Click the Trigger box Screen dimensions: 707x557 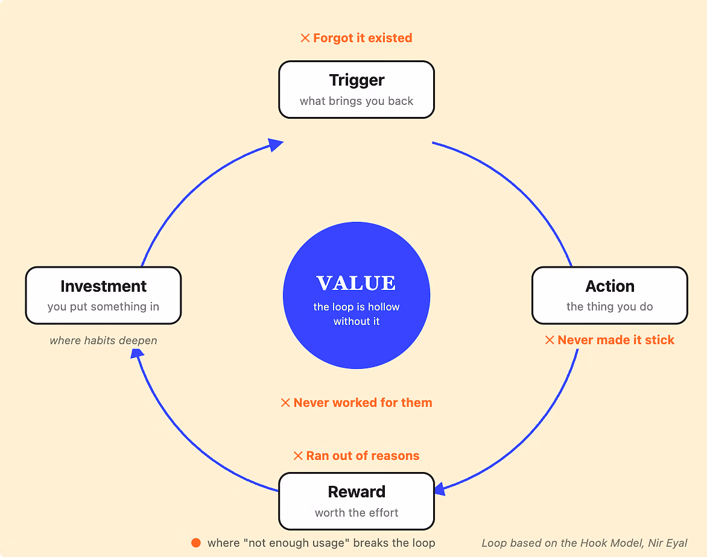[356, 90]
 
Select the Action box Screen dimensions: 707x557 [610, 295]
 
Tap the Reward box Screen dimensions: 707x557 [356, 501]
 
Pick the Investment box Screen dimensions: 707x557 [103, 295]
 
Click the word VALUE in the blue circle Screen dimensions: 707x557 [356, 283]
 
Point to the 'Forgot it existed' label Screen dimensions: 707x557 [356, 38]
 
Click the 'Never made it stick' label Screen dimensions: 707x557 [610, 340]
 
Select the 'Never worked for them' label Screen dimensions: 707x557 [356, 403]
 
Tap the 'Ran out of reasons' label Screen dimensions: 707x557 [356, 456]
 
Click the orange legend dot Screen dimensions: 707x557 [195, 543]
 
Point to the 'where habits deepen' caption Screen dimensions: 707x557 [103, 340]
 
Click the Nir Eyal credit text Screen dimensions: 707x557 [585, 543]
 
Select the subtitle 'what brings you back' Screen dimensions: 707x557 [356, 101]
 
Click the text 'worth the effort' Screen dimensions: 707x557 [356, 512]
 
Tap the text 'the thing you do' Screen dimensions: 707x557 [610, 306]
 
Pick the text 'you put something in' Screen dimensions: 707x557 [103, 306]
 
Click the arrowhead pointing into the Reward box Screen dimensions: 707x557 [440, 489]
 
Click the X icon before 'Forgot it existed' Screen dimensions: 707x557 [305, 38]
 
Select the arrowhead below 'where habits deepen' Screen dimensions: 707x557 [136, 354]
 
